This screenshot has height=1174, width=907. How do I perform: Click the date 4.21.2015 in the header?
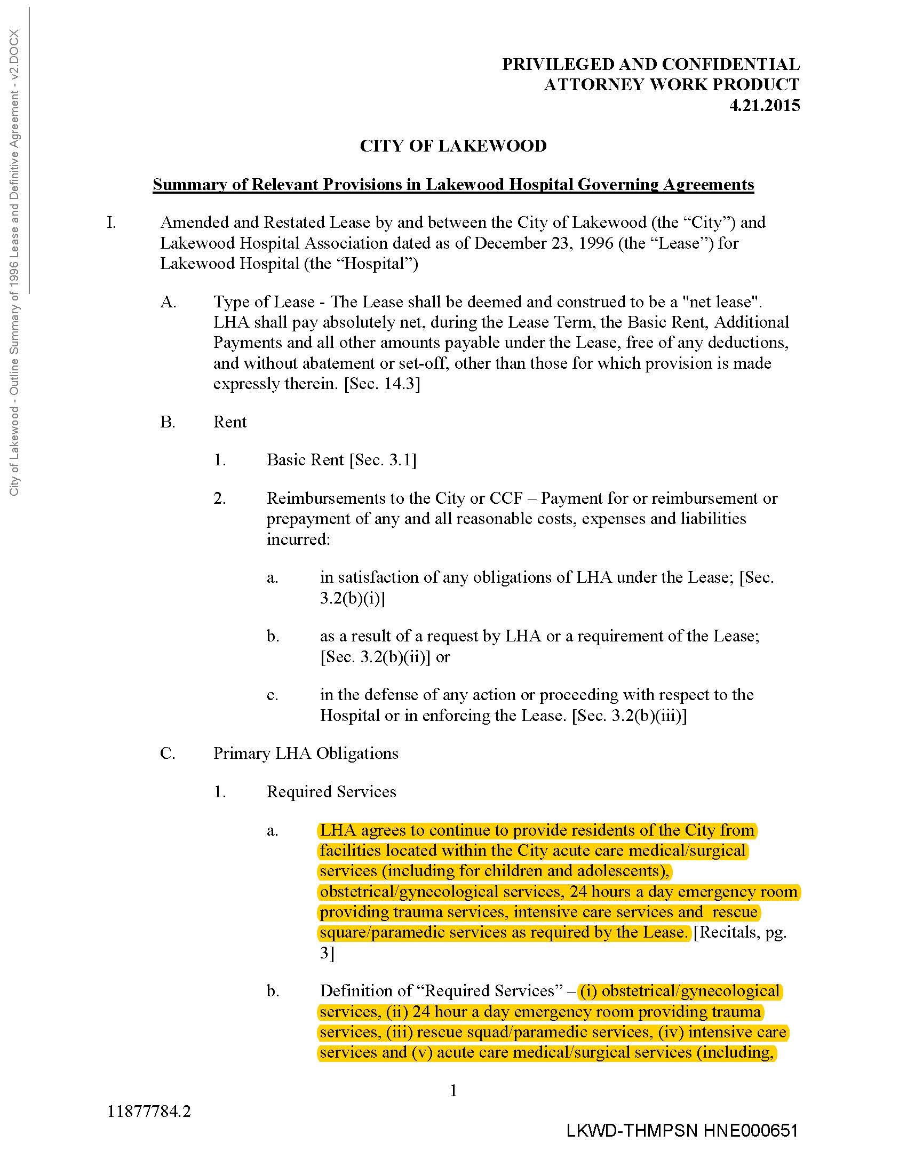[x=764, y=105]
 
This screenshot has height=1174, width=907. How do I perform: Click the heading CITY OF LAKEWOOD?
[x=453, y=146]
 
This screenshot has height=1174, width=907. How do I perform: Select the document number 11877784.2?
[x=149, y=1111]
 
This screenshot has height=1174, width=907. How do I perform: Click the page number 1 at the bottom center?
[x=453, y=1090]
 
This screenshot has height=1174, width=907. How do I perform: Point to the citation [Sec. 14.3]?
[x=381, y=384]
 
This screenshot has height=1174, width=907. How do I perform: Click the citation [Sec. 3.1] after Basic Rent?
[x=383, y=460]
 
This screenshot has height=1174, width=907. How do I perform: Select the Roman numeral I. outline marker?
[x=111, y=223]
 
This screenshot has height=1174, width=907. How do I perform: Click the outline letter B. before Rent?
[x=168, y=422]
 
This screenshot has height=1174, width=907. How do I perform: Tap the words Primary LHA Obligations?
[x=306, y=753]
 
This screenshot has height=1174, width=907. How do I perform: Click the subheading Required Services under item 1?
[x=331, y=792]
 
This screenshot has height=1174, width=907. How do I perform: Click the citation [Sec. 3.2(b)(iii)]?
[x=629, y=716]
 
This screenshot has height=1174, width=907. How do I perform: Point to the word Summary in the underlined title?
[x=186, y=185]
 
